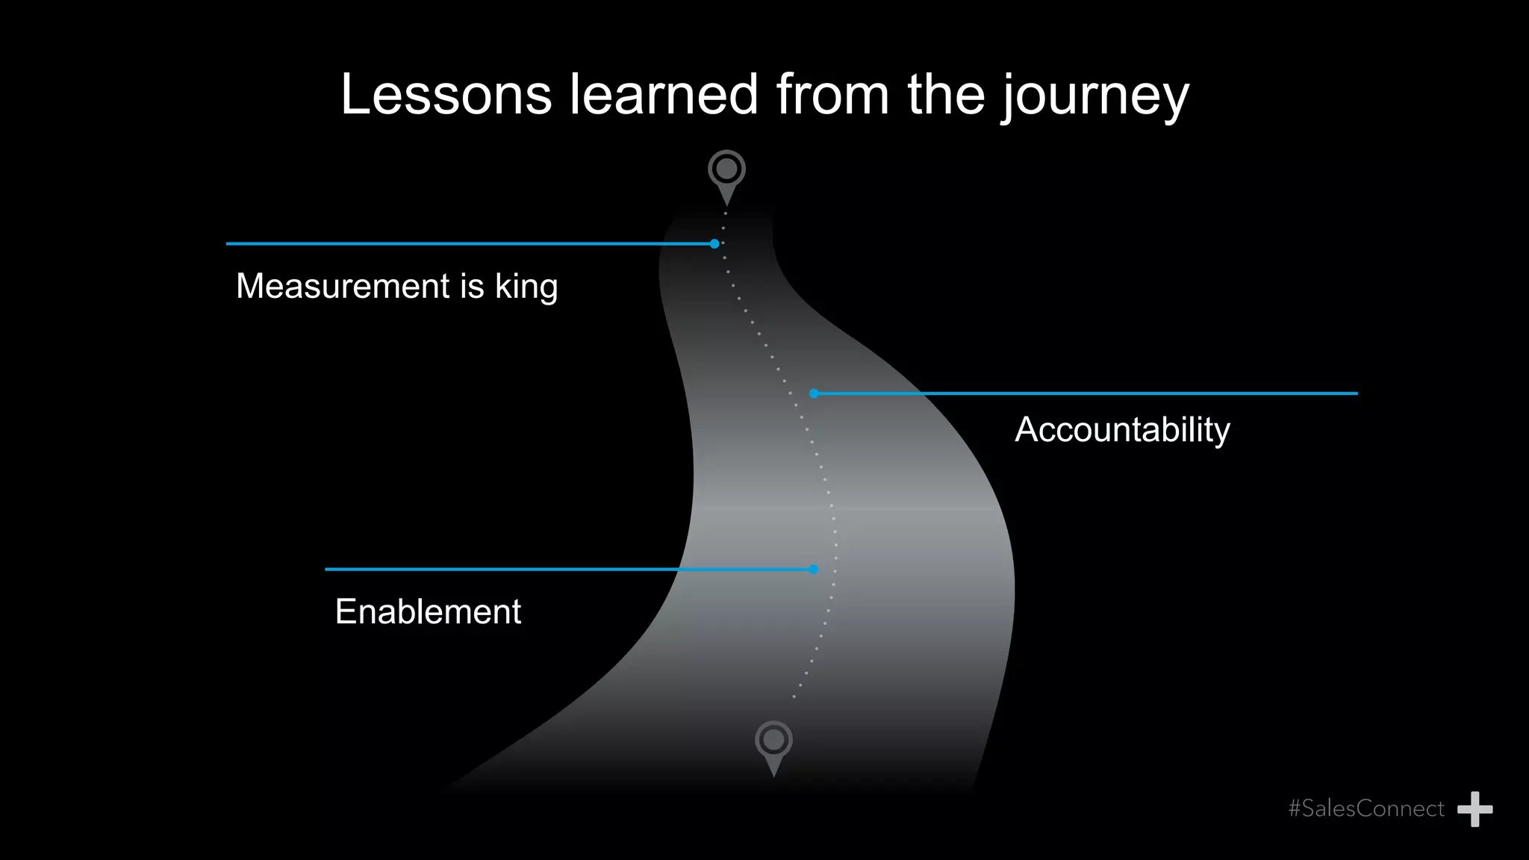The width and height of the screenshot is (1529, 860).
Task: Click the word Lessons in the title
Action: pyautogui.click(x=446, y=95)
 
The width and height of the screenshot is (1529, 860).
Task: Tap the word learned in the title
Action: pyautogui.click(x=664, y=95)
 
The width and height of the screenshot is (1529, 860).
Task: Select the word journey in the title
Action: pyautogui.click(x=1094, y=97)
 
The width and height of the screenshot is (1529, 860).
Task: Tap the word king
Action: pyautogui.click(x=526, y=287)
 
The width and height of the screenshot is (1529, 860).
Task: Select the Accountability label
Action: pyautogui.click(x=1122, y=430)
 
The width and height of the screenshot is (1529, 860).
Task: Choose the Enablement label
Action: pyautogui.click(x=428, y=612)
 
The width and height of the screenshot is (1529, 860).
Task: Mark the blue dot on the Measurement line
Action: pyautogui.click(x=714, y=243)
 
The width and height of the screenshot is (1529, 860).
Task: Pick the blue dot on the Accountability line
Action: pyautogui.click(x=814, y=393)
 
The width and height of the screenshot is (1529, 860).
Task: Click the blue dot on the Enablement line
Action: pyautogui.click(x=814, y=570)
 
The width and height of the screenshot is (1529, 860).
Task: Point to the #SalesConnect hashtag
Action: pyautogui.click(x=1366, y=808)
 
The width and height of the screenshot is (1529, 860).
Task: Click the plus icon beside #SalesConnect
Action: pyautogui.click(x=1475, y=809)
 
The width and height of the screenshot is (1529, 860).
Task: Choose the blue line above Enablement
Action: pyautogui.click(x=567, y=570)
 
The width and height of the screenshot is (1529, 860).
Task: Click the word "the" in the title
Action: pyautogui.click(x=946, y=95)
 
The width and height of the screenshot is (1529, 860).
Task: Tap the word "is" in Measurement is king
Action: pyautogui.click(x=473, y=286)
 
